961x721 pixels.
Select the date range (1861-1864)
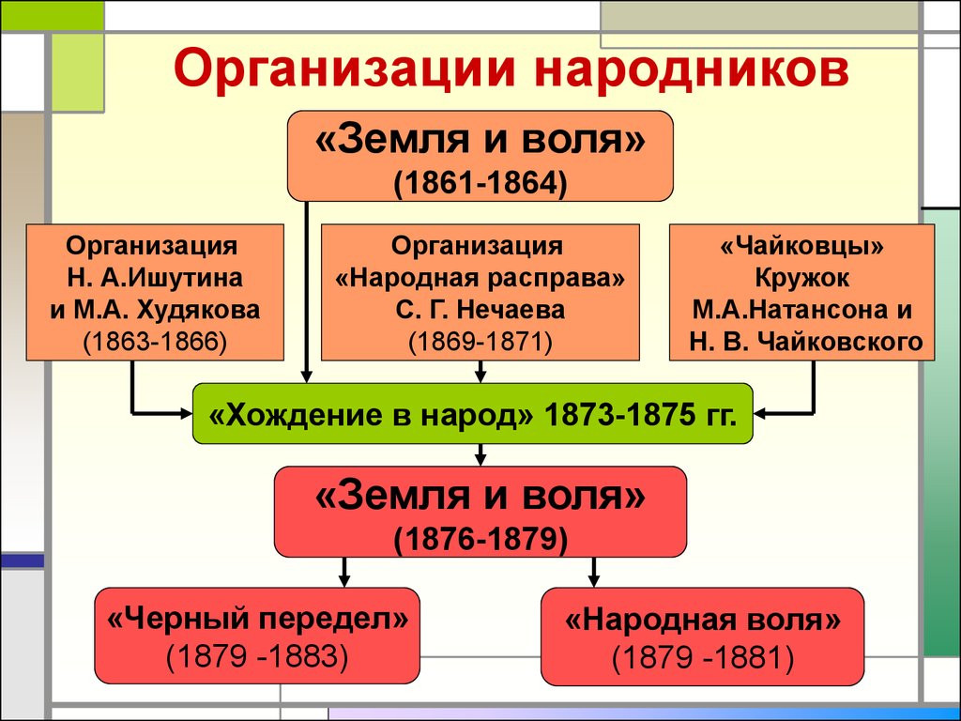coord(480,180)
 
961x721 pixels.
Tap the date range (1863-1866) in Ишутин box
coord(155,340)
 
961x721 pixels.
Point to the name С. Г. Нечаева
coord(480,310)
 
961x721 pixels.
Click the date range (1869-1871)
coord(480,340)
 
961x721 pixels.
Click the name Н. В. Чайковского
coord(802,342)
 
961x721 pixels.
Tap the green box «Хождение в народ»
coord(473,414)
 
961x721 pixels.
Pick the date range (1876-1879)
coord(480,539)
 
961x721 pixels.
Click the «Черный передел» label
coord(258,621)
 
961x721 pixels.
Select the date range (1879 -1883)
coord(258,656)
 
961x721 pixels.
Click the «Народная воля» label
coord(703,621)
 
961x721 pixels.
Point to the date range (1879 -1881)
coord(703,657)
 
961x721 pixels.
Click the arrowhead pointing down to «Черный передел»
coord(345,579)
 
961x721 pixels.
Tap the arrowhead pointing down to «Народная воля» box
coord(593,579)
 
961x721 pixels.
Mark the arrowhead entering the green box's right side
coord(761,412)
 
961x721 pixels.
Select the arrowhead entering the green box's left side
coord(185,412)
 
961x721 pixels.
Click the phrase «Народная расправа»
coord(480,279)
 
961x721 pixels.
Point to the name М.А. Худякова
coord(155,310)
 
